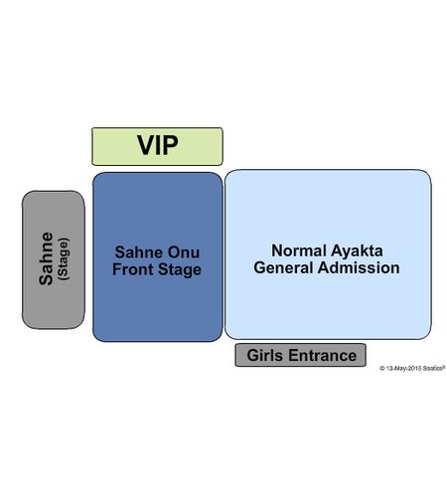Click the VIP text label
pyautogui.click(x=158, y=145)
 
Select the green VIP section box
pyautogui.click(x=157, y=146)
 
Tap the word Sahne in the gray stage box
pyautogui.click(x=46, y=258)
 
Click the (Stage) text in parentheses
pyautogui.click(x=64, y=259)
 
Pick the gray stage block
pyautogui.click(x=54, y=259)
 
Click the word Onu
pyautogui.click(x=184, y=252)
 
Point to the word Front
pyautogui.click(x=133, y=269)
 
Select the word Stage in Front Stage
pyautogui.click(x=180, y=269)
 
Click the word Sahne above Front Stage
pyautogui.click(x=139, y=252)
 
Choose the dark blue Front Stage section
pyautogui.click(x=158, y=256)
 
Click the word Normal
pyautogui.click(x=299, y=250)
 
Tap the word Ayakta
pyautogui.click(x=357, y=251)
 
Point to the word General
pyautogui.click(x=283, y=267)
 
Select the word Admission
pyautogui.click(x=359, y=267)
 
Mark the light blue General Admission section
pyautogui.click(x=328, y=254)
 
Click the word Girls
pyautogui.click(x=265, y=355)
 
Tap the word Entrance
pyautogui.click(x=322, y=355)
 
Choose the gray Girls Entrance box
pyautogui.click(x=301, y=355)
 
